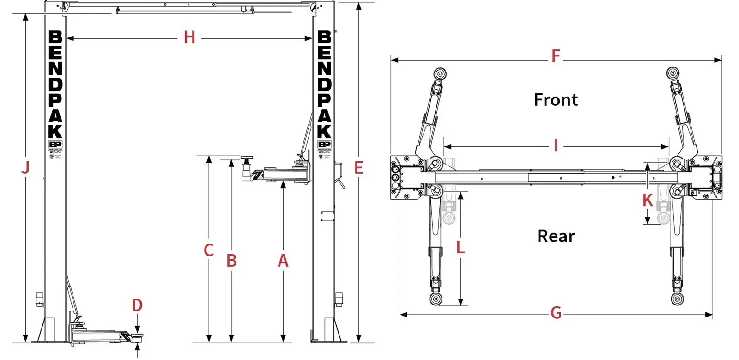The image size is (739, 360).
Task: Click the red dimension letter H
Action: point(189,37)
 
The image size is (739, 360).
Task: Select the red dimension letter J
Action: point(26,167)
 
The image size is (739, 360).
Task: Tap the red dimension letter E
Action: point(359,168)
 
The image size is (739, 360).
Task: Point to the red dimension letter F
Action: point(556,56)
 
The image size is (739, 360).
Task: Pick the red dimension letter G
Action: point(556,313)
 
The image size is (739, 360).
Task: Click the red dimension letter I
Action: point(556,146)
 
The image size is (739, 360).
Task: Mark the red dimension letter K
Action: point(648,201)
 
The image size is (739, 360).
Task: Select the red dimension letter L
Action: point(460,247)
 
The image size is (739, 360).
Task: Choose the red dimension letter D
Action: point(137,305)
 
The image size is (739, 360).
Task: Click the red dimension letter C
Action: point(209,250)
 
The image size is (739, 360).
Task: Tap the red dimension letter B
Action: point(231,261)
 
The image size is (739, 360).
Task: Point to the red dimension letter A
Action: point(283,261)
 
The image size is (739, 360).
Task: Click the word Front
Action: point(556,100)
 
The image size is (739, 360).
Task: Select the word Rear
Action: point(556,236)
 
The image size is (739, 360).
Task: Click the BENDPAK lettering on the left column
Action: point(55,84)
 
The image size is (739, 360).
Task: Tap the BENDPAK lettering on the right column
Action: point(324,84)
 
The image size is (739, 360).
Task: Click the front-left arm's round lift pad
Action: point(440,74)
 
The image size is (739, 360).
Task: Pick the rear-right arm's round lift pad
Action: point(677,299)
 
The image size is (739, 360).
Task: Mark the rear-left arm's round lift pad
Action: point(436,299)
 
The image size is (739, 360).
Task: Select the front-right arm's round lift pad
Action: point(673,74)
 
